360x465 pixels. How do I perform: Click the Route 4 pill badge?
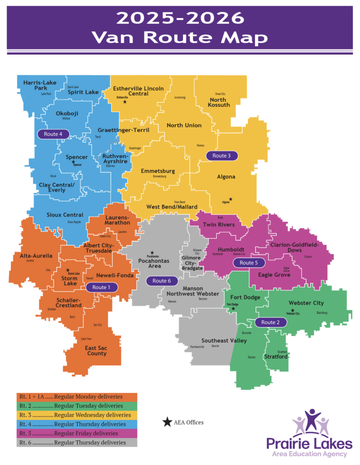point(54,134)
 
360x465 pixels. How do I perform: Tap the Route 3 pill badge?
point(222,155)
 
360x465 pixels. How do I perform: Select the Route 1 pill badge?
point(101,287)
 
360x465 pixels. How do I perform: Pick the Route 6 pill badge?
point(162,281)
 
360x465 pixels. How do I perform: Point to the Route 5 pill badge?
point(248,263)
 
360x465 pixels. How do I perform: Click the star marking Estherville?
point(124,103)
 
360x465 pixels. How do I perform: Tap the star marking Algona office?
point(231,199)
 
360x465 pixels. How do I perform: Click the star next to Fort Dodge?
point(233,308)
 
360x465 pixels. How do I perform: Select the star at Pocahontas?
point(153,252)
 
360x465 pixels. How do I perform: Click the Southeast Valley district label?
point(224,340)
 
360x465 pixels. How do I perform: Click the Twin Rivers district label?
point(218,225)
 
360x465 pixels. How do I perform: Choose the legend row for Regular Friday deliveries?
point(77,433)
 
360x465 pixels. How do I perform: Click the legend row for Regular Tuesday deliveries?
point(77,406)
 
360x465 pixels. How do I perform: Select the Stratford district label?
point(276,357)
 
